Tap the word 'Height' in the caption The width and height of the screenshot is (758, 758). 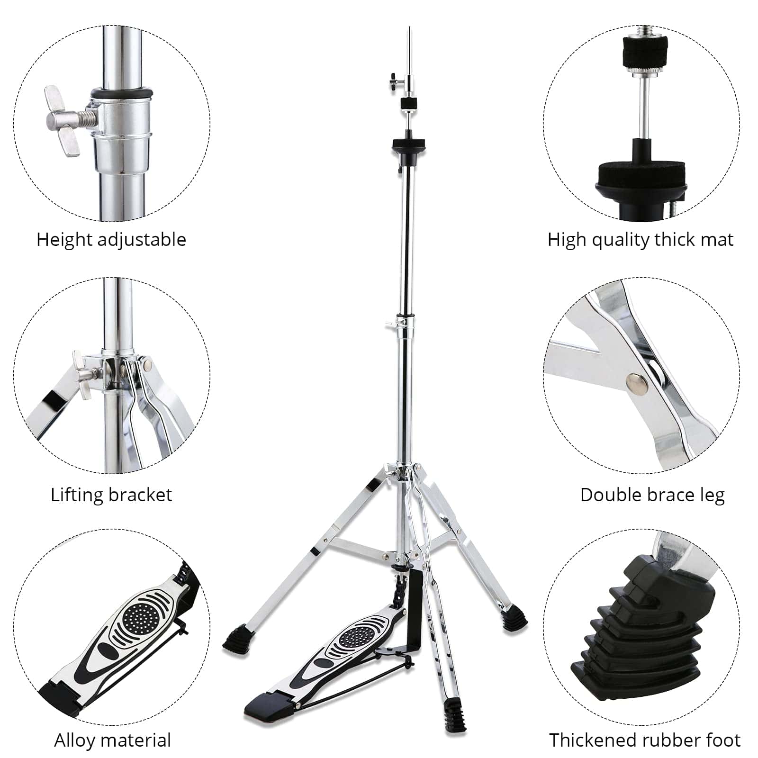[x=64, y=239]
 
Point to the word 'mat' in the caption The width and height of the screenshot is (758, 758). [x=718, y=240]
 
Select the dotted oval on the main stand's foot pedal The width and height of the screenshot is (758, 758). [x=359, y=635]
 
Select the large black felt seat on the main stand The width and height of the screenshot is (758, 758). [x=408, y=144]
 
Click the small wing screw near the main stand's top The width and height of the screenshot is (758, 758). [x=395, y=81]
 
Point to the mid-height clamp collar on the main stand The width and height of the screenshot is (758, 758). [x=406, y=323]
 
